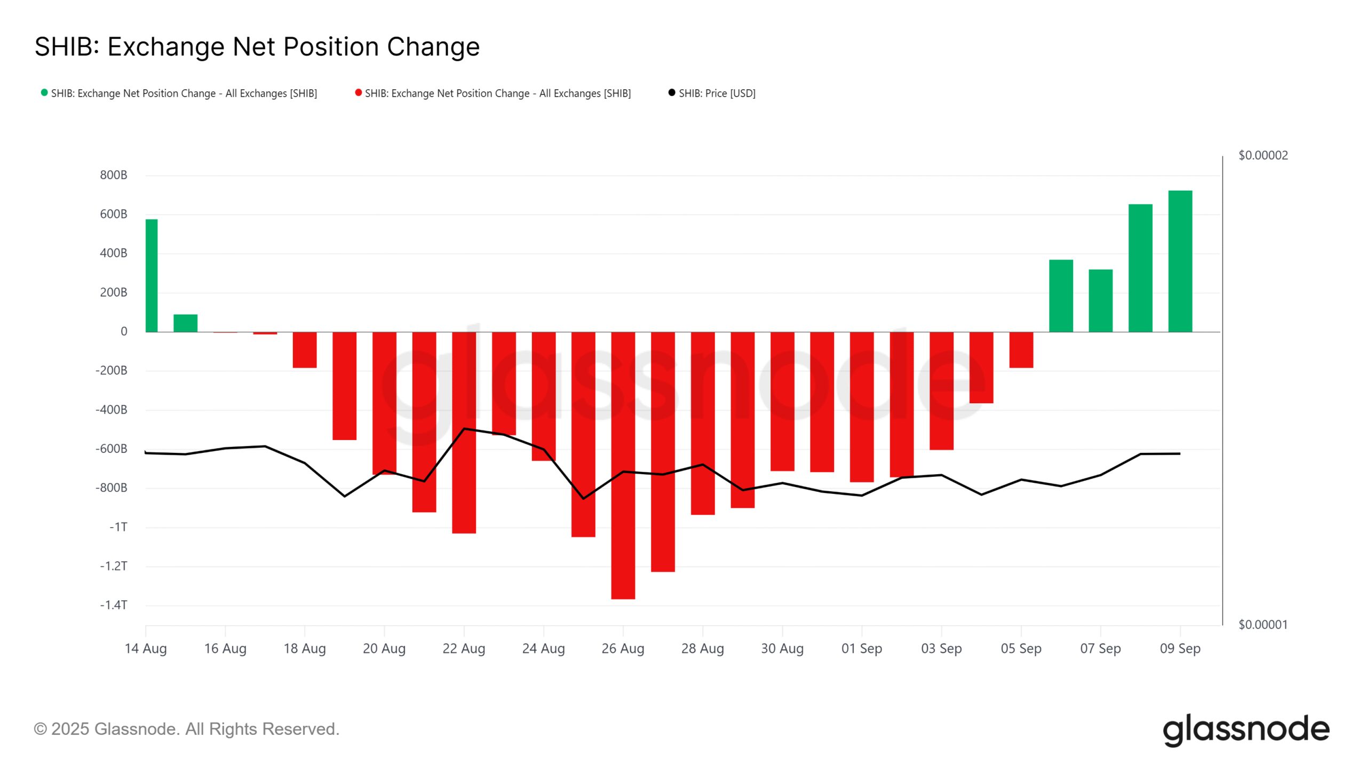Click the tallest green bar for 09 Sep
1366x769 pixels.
click(1180, 261)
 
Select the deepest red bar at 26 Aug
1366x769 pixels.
click(623, 465)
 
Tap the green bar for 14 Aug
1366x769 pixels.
click(152, 276)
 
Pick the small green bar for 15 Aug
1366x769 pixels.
click(185, 323)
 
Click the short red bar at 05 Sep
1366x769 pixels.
click(1021, 350)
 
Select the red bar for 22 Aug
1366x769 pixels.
click(464, 433)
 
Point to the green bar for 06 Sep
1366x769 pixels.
click(1061, 296)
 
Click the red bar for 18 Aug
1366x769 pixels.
click(305, 350)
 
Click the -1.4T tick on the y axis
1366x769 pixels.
click(114, 605)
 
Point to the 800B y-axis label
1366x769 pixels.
click(114, 175)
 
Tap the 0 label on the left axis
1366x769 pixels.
click(124, 332)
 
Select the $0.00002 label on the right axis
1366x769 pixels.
click(1262, 155)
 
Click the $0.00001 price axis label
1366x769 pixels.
click(1262, 624)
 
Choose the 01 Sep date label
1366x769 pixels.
click(861, 648)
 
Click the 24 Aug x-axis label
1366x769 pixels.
click(543, 648)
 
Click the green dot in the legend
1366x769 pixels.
click(44, 93)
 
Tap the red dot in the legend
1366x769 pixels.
click(359, 93)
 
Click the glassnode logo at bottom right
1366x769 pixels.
click(1245, 729)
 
